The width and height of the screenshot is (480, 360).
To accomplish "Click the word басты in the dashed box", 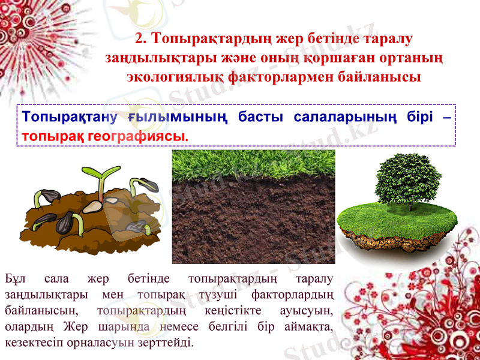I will point(260,116).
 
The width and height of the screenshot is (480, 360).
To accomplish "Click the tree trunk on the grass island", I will point(411,204).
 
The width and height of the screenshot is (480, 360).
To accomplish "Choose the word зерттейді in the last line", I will point(167,343).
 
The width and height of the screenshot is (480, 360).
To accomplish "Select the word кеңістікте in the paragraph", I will point(232,311).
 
